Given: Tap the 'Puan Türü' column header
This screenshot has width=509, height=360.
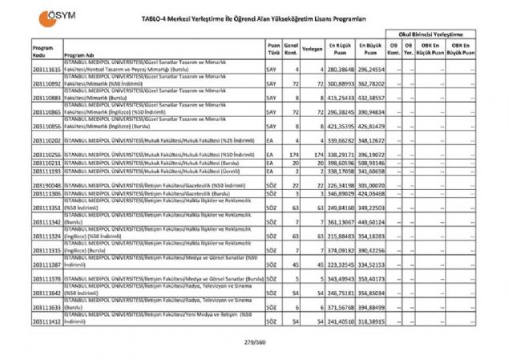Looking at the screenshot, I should (x=273, y=51).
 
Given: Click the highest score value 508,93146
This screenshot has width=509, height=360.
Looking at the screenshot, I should (x=370, y=162).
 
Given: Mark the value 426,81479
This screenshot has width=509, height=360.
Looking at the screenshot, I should (x=370, y=126).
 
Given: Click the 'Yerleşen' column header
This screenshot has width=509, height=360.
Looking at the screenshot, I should (x=313, y=51).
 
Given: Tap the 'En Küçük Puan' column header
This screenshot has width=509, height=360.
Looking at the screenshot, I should (x=337, y=51).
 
